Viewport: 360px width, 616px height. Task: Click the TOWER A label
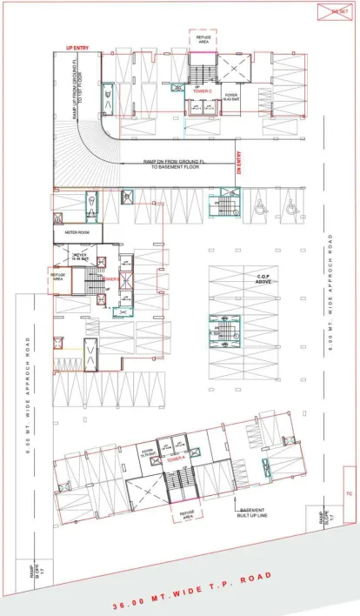(x=177, y=455)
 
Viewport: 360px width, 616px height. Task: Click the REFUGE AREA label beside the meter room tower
(x=58, y=276)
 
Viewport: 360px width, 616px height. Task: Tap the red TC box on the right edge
(x=350, y=494)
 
